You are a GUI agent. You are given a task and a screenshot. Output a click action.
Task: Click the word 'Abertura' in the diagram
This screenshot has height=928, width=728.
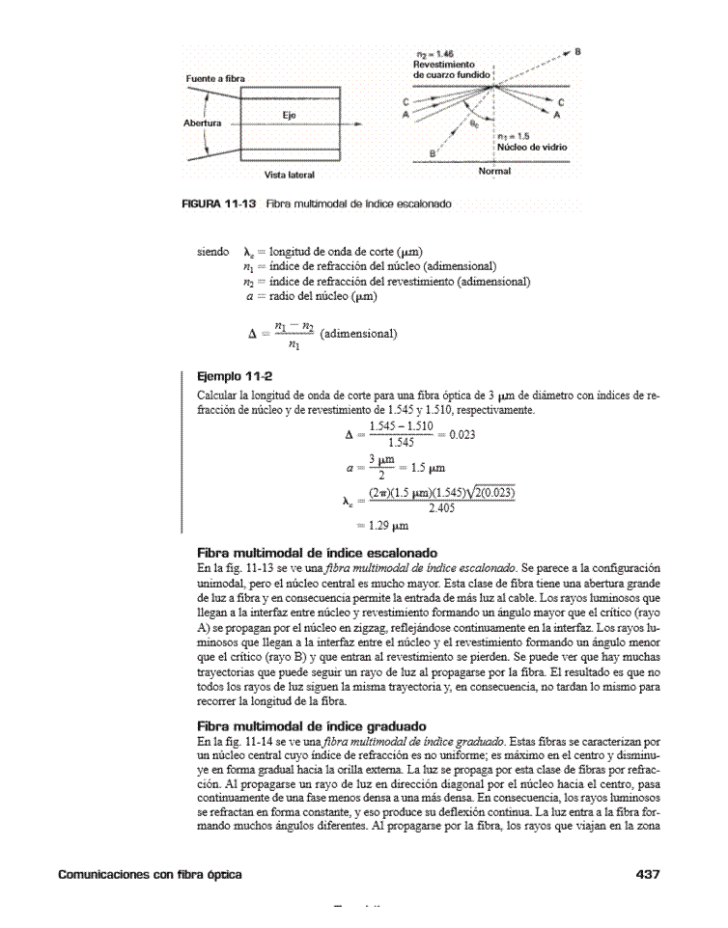[203, 123]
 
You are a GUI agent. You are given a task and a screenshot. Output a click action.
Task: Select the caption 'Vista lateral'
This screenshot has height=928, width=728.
[291, 175]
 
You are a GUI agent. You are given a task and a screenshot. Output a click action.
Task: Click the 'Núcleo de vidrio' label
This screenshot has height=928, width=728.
[534, 148]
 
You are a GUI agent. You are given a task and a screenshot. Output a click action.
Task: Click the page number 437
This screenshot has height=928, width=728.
[647, 874]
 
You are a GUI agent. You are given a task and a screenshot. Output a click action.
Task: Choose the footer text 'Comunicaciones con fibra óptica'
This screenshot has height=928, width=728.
[151, 874]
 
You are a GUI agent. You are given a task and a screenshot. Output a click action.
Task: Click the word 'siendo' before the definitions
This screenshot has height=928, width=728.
[212, 251]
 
